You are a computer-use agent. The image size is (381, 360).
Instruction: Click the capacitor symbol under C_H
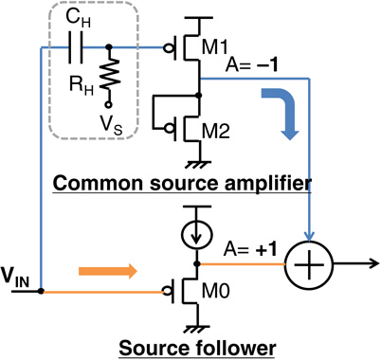(x=77, y=45)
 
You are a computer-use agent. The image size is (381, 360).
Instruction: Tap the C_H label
(x=76, y=16)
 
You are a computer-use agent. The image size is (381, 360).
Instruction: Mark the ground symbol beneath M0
(x=197, y=327)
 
